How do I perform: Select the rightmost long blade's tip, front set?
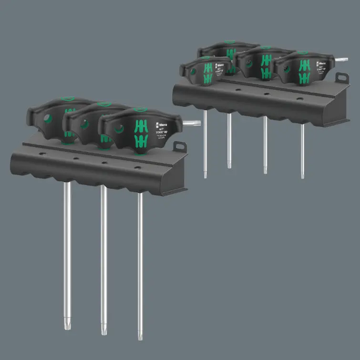pyautogui.click(x=140, y=335)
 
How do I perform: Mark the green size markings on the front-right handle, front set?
pyautogui.click(x=140, y=134)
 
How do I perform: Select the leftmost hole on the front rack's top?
pyautogui.click(x=42, y=154)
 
